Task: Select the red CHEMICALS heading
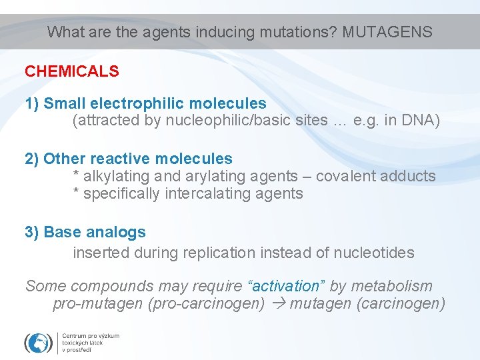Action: (x=72, y=71)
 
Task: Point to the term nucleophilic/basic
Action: (x=251, y=121)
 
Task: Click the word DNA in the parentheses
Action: (x=418, y=121)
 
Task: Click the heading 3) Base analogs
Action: (x=85, y=232)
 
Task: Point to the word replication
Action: (x=217, y=253)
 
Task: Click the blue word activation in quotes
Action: (x=287, y=286)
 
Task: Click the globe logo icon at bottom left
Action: (x=38, y=342)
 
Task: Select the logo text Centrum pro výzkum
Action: (x=91, y=335)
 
